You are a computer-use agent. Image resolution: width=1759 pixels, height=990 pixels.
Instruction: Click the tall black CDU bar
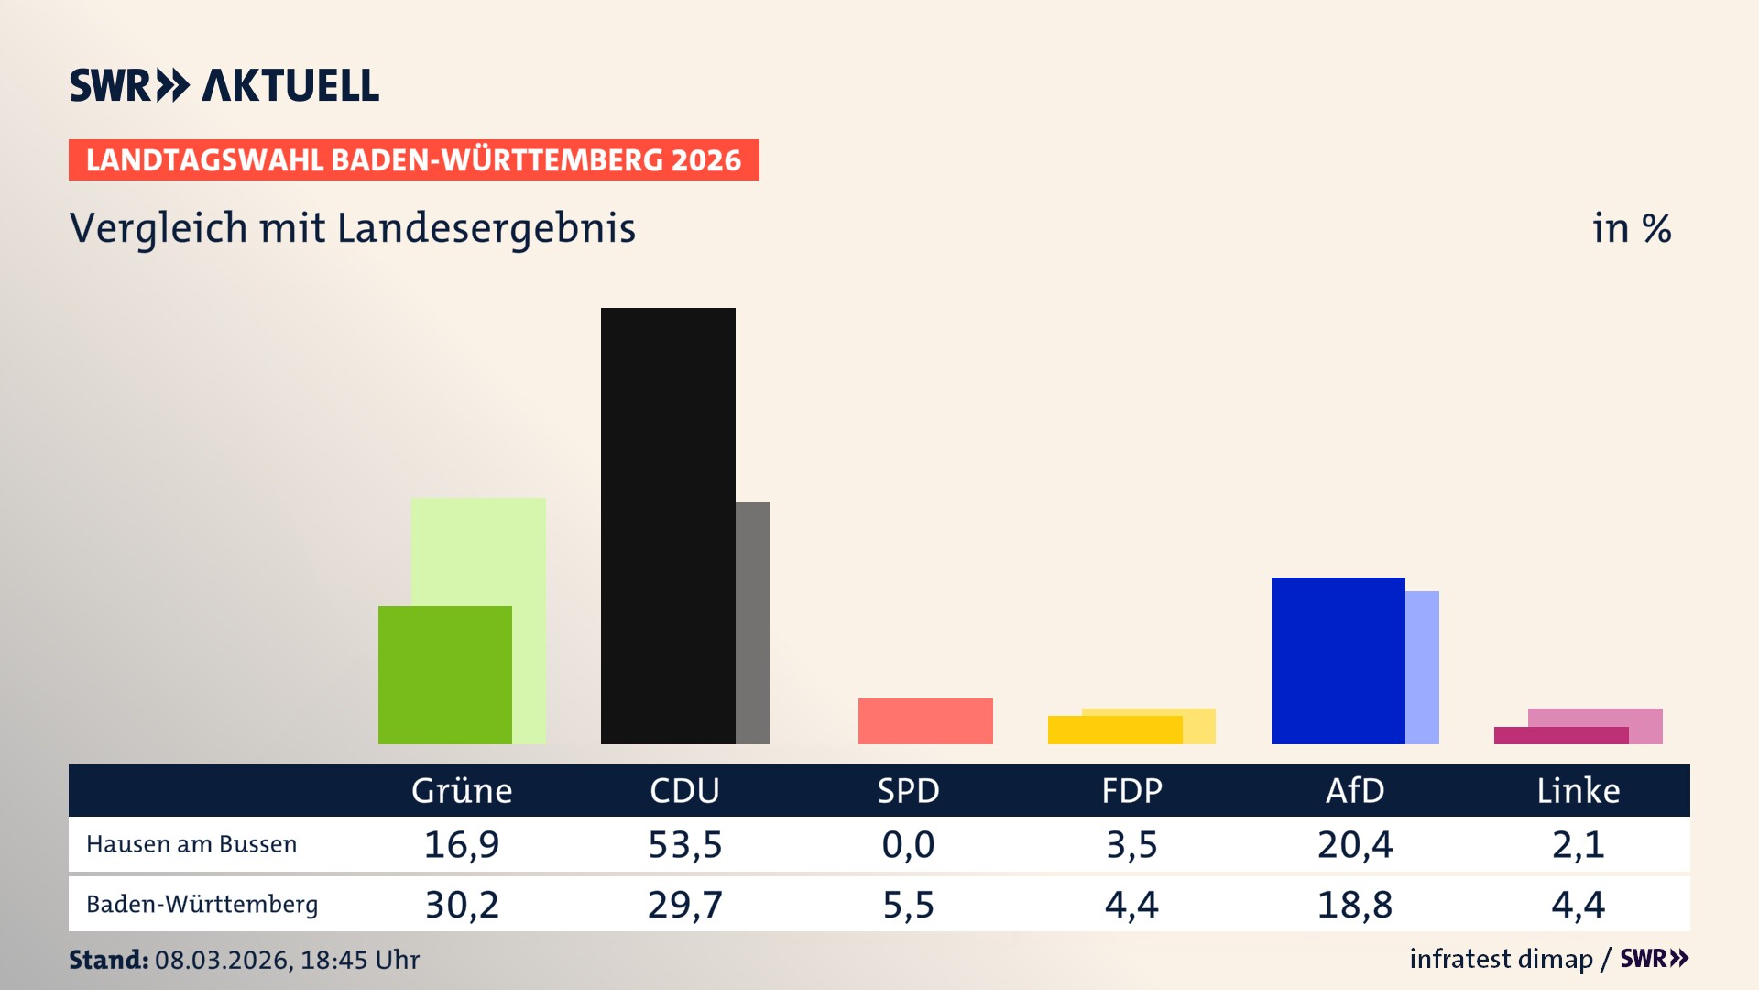[668, 525]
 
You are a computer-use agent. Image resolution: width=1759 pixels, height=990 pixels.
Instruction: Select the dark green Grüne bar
[445, 675]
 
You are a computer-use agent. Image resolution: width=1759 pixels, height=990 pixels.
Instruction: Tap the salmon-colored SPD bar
[925, 721]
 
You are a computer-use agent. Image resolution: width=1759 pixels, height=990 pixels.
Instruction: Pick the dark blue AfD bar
[1338, 660]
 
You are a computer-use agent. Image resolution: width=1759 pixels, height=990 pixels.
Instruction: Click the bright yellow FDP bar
[1115, 731]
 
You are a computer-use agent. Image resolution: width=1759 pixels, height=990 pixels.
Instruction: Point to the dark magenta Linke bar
[1561, 736]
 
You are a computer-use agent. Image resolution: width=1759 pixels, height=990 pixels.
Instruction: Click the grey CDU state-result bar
[752, 623]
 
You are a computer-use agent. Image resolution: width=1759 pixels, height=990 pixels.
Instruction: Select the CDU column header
[684, 790]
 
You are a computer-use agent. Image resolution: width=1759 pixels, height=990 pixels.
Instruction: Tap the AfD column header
[1355, 790]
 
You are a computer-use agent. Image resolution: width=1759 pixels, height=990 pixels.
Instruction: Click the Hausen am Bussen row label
[191, 844]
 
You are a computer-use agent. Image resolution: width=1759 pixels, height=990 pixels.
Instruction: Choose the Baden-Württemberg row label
[202, 905]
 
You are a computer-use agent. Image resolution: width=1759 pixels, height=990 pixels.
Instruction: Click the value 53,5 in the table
[684, 844]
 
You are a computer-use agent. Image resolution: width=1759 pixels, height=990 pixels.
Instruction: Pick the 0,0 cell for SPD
[908, 844]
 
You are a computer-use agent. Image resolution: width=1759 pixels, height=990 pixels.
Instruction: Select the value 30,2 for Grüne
[462, 905]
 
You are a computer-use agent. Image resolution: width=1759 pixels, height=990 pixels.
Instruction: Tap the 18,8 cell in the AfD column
[1355, 905]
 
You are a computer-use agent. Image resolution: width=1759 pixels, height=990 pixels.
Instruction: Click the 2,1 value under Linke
[1578, 844]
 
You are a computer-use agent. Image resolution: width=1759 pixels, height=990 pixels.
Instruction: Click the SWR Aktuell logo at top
[224, 85]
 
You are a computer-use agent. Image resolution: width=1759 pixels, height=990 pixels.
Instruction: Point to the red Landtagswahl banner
[413, 160]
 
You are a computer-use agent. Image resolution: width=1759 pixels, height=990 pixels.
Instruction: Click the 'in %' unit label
[1631, 228]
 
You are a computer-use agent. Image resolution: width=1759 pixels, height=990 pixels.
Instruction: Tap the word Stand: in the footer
[108, 960]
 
